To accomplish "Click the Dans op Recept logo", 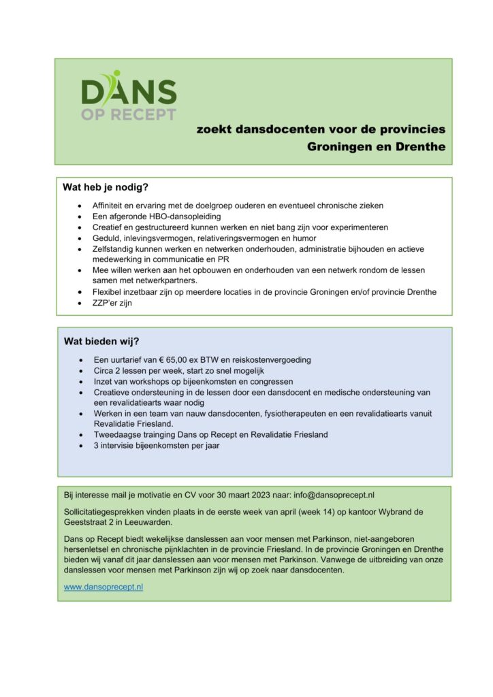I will [129, 96].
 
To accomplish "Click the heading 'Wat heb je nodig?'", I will [106, 187].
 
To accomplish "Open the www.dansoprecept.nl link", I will [104, 587].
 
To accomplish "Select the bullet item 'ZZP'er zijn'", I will [113, 303].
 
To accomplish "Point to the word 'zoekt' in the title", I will [213, 128].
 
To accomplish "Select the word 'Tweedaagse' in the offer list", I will [117, 434].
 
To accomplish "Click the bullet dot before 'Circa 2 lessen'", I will [82, 371].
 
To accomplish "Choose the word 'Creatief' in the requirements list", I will [110, 227].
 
